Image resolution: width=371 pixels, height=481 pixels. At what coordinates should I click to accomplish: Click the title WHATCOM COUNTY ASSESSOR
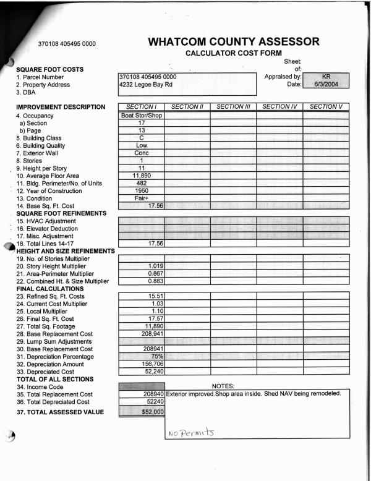[x=234, y=42]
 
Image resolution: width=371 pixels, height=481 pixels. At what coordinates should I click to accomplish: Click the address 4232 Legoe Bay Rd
[x=145, y=85]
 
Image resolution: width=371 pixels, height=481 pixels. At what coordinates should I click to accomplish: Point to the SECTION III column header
[x=233, y=107]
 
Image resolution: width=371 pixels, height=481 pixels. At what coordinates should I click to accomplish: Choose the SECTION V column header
[x=326, y=107]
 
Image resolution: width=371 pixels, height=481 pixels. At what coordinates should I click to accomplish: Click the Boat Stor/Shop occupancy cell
[x=141, y=115]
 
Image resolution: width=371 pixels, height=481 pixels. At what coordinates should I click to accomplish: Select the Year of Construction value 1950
[x=141, y=190]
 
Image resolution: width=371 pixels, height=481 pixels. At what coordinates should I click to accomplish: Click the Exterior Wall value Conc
[x=141, y=153]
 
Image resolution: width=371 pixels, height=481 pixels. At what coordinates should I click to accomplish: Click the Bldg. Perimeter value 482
[x=141, y=183]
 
